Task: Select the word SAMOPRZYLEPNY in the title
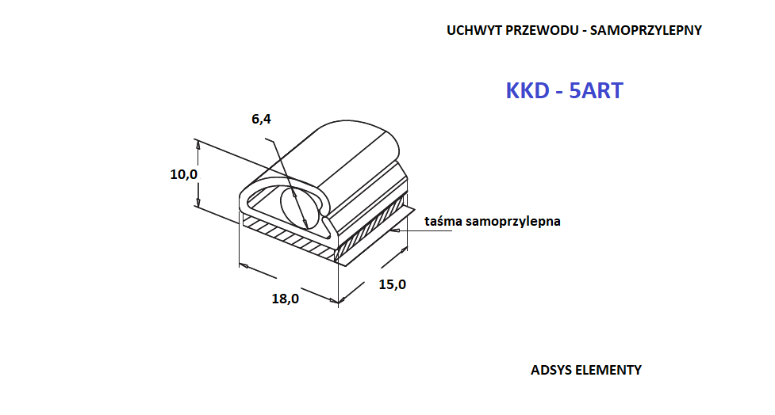click(646, 31)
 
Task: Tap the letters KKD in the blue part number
click(528, 91)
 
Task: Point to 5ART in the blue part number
click(596, 91)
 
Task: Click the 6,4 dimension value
click(261, 119)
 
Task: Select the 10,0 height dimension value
click(184, 174)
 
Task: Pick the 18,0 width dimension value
click(286, 299)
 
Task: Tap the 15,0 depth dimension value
click(393, 284)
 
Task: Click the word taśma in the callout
click(443, 221)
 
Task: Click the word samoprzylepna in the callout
click(513, 222)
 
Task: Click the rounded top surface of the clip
click(346, 148)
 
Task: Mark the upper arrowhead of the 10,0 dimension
click(198, 145)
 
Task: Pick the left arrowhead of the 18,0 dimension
click(244, 266)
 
